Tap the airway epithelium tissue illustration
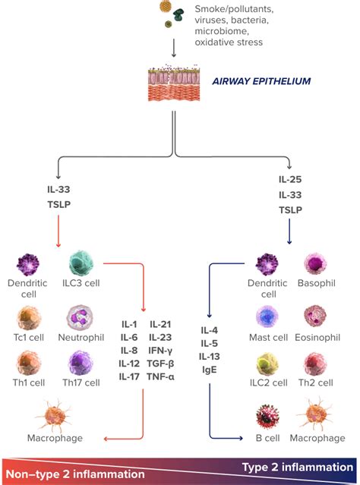(176, 86)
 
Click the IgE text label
(210, 370)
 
